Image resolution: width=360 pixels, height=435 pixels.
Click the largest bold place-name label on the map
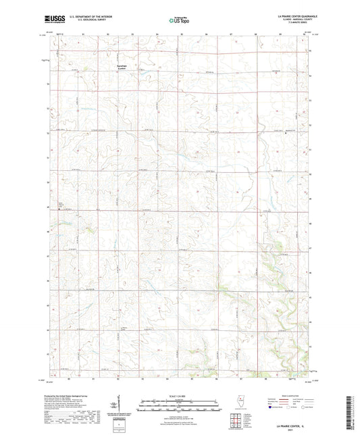coord(122,66)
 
